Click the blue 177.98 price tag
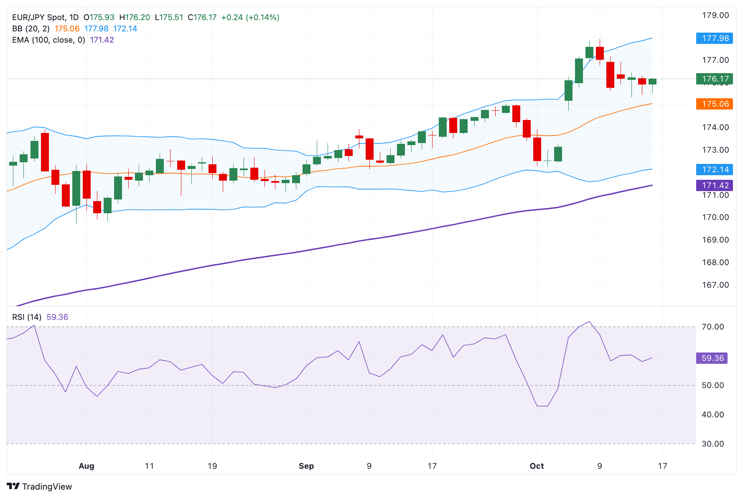(715, 38)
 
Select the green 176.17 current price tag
(715, 79)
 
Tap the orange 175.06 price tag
(715, 104)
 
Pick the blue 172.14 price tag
(715, 169)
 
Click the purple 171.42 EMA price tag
(715, 185)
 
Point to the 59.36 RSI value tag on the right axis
(712, 358)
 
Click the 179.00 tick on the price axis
(715, 15)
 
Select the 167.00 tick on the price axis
(715, 285)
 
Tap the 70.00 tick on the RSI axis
(712, 327)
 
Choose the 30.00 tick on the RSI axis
(712, 444)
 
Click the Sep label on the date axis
(306, 466)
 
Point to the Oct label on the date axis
(537, 466)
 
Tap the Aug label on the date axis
(87, 466)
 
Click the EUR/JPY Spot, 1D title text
(45, 18)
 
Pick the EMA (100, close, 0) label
(48, 40)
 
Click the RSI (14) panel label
(27, 317)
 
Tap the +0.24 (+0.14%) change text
(250, 18)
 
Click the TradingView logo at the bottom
(40, 486)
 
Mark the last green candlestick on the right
(652, 82)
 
